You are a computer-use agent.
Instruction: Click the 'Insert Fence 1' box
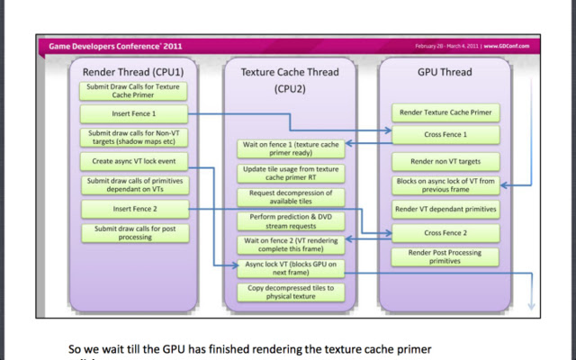pyautogui.click(x=134, y=113)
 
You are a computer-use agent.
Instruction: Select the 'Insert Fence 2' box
pyautogui.click(x=134, y=210)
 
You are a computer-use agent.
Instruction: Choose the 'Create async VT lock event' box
pyautogui.click(x=134, y=161)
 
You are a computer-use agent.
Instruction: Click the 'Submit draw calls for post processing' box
pyautogui.click(x=134, y=233)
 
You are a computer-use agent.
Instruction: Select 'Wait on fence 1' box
pyautogui.click(x=291, y=148)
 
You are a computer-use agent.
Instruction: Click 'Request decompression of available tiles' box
pyautogui.click(x=291, y=196)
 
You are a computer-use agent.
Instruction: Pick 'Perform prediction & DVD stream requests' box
pyautogui.click(x=291, y=221)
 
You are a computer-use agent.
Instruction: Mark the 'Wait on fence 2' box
pyautogui.click(x=291, y=245)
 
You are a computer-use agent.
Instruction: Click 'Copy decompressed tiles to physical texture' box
pyautogui.click(x=291, y=292)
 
